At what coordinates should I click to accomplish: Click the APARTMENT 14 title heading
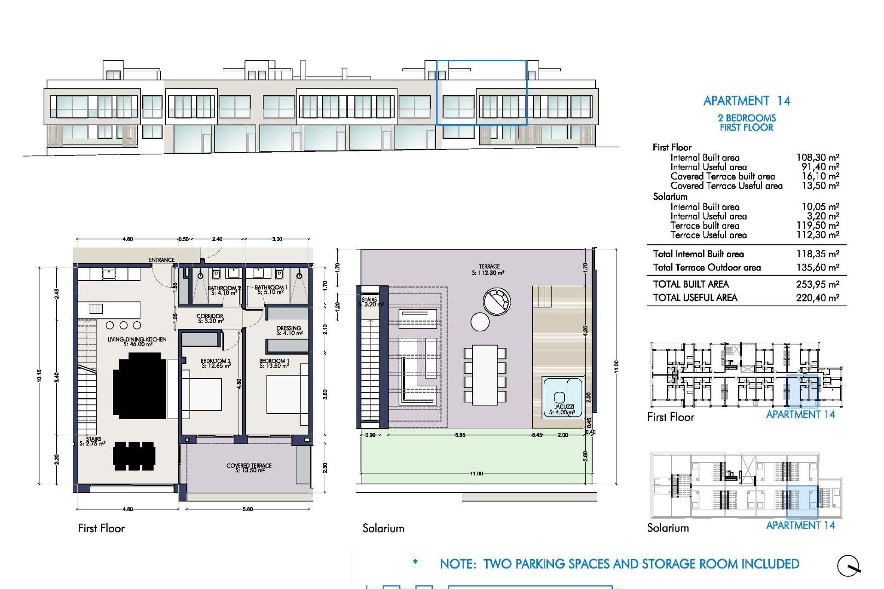click(x=746, y=101)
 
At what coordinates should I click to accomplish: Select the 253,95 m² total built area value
click(x=817, y=284)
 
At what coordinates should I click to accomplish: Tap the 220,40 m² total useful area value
click(x=817, y=298)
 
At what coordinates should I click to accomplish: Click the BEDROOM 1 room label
click(x=274, y=364)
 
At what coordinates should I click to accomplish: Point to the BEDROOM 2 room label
click(x=215, y=364)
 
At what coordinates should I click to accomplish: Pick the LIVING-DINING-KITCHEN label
click(x=137, y=341)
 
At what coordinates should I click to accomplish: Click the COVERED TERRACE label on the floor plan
click(x=249, y=468)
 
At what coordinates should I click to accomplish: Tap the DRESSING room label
click(x=289, y=330)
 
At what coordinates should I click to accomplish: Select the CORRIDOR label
click(x=210, y=318)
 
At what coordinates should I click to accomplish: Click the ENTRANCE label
click(x=162, y=260)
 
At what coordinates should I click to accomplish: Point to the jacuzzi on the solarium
click(x=563, y=396)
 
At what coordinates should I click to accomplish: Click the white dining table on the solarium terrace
click(x=485, y=375)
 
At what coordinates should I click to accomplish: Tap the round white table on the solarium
click(x=480, y=322)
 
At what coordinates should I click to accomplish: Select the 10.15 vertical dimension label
click(x=40, y=376)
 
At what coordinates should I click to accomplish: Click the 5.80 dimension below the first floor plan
click(x=248, y=509)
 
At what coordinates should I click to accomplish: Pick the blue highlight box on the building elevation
click(x=481, y=92)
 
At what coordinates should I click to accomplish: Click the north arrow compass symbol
click(x=849, y=566)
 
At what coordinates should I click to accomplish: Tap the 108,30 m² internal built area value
click(x=817, y=157)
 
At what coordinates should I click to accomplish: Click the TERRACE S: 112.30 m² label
click(x=489, y=270)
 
